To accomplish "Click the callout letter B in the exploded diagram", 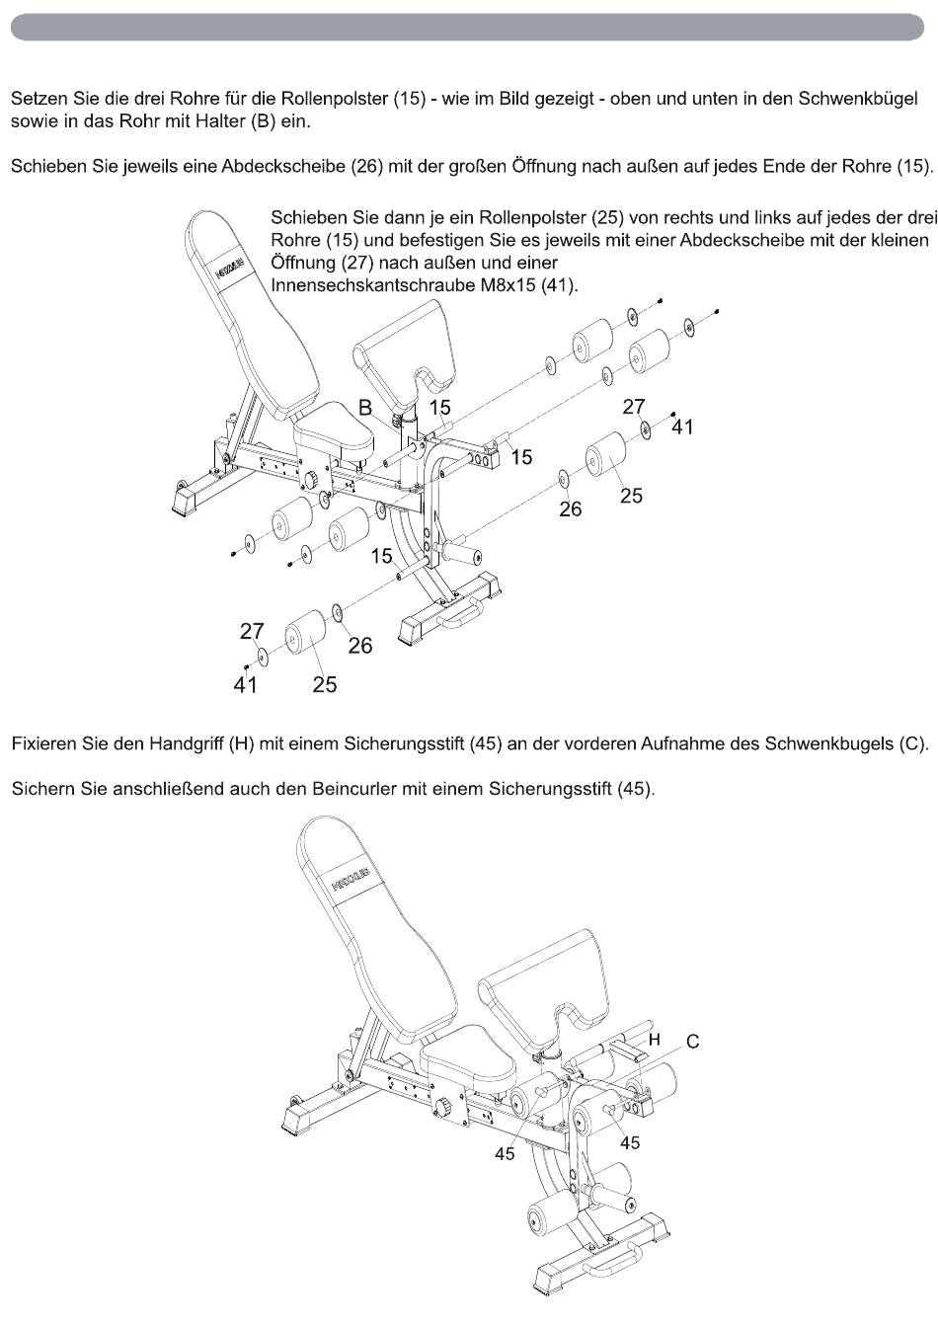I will pyautogui.click(x=365, y=407).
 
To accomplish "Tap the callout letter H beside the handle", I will pyautogui.click(x=654, y=1039).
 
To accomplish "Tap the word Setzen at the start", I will pyautogui.click(x=37, y=100).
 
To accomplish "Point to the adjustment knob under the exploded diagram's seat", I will pyautogui.click(x=313, y=481).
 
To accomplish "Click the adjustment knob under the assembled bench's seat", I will pyautogui.click(x=449, y=1105).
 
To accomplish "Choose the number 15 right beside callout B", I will pyautogui.click(x=439, y=407).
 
